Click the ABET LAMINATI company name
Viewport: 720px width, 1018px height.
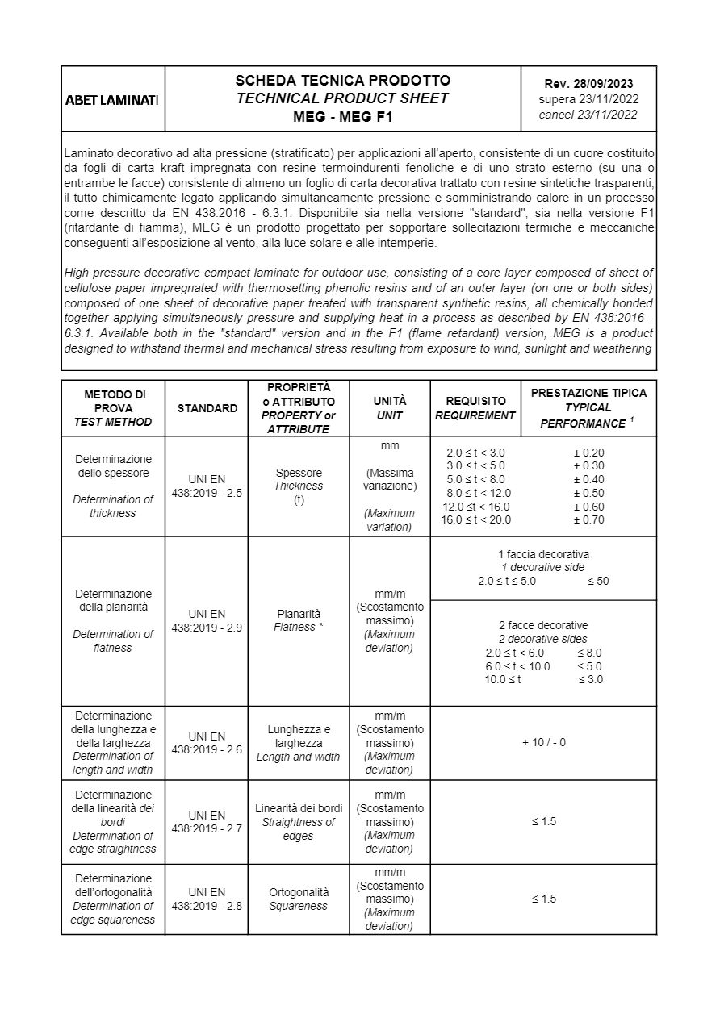click(112, 100)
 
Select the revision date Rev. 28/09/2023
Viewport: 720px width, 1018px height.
click(588, 83)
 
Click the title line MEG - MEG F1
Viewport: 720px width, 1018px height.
click(342, 116)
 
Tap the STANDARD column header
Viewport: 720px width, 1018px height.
click(207, 408)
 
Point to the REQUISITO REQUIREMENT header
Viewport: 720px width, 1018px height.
click(475, 408)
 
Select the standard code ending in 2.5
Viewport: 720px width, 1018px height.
click(207, 486)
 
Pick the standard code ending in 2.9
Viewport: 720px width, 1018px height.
click(207, 620)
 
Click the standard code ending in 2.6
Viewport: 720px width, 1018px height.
click(207, 742)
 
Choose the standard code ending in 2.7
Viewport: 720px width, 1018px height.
click(207, 822)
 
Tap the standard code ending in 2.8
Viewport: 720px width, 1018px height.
click(207, 899)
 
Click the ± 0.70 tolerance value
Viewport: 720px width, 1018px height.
click(588, 520)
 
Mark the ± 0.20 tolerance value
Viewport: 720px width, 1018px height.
click(588, 453)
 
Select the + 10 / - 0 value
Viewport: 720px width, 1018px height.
click(543, 742)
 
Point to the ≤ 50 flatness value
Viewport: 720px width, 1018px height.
click(598, 581)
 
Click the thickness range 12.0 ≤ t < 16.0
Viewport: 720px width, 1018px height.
click(476, 507)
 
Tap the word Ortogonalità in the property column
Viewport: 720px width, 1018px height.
click(299, 892)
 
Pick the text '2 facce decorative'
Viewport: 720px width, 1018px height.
click(543, 625)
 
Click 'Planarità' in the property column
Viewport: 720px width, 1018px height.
click(299, 613)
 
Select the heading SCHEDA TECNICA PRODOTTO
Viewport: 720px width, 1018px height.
click(342, 81)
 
